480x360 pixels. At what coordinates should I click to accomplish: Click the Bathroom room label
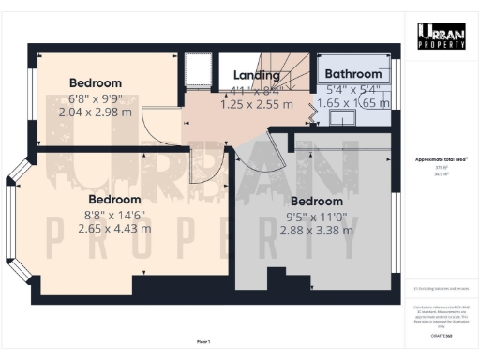tap(352, 73)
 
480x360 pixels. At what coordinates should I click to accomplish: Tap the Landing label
tap(256, 76)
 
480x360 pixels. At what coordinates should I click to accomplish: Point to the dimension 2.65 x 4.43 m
tap(115, 228)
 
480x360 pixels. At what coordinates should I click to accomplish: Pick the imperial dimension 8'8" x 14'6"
tap(115, 214)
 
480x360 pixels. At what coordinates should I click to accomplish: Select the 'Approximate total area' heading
tap(441, 160)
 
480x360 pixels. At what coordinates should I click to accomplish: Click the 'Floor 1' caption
tap(203, 341)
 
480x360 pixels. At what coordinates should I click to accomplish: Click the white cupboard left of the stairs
tap(199, 70)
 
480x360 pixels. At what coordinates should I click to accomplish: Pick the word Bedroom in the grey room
tap(316, 202)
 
